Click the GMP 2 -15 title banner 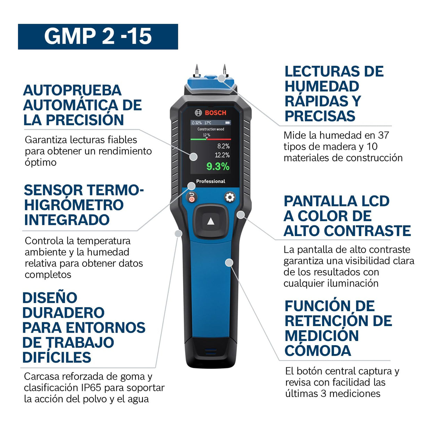tap(98, 36)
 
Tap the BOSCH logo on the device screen tap(211, 113)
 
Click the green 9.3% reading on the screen tap(218, 167)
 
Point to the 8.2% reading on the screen tap(223, 146)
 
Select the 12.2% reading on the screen tap(222, 155)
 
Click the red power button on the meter tap(191, 199)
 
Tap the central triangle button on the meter tap(211, 221)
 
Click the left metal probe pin tap(197, 71)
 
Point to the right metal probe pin tap(225, 70)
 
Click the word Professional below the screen tap(211, 181)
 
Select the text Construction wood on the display tap(211, 129)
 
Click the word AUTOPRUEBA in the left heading tap(72, 90)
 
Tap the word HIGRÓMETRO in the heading tap(74, 205)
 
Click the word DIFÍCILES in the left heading tap(57, 358)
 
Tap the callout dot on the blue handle tap(229, 262)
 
